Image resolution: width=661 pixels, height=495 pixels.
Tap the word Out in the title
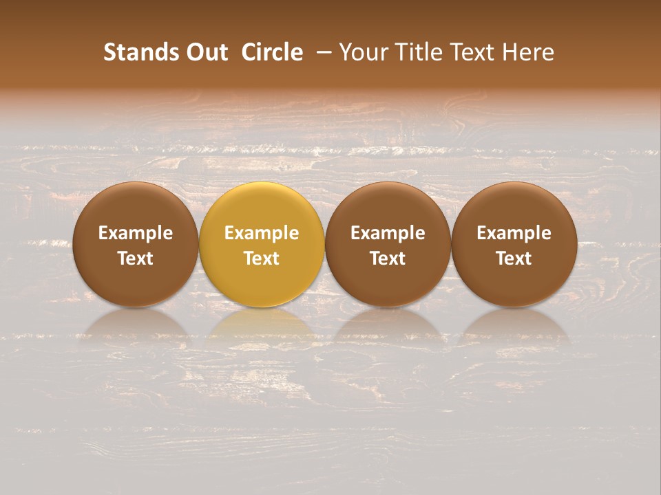pos(206,52)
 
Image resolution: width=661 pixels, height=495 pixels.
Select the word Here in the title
pos(528,52)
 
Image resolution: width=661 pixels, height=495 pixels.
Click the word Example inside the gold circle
pos(262,233)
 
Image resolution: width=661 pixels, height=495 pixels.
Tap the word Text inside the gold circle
pos(262,258)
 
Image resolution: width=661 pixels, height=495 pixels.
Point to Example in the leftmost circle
pos(136,233)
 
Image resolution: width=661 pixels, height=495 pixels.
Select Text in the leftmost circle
pos(136,258)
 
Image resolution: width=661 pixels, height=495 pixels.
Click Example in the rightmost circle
pos(514,233)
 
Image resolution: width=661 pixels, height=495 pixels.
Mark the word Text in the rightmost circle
pos(514,258)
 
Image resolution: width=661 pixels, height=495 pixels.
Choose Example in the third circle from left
pos(388,233)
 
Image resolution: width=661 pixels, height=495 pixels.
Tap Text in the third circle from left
pos(388,258)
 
